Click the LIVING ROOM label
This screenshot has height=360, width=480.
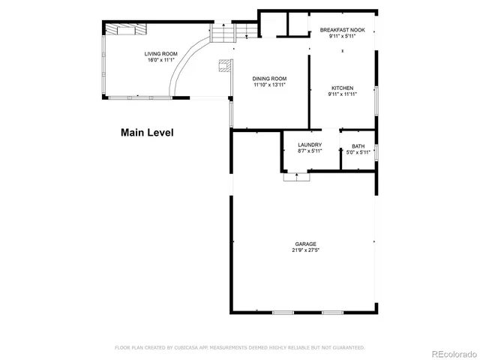point(161,53)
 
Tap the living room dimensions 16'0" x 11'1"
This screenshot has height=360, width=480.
point(161,60)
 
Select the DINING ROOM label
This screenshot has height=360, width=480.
point(269,79)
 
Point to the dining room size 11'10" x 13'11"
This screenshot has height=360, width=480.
point(269,85)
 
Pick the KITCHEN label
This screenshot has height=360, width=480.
point(341,88)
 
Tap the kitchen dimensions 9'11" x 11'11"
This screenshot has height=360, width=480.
point(341,94)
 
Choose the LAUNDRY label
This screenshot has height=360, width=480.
point(310,145)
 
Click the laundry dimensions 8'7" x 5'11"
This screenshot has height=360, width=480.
point(310,151)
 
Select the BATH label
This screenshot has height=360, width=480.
point(358,146)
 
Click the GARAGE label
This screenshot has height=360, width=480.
point(305,244)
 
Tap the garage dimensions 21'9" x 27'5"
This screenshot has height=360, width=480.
point(305,250)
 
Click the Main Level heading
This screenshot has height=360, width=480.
point(147,133)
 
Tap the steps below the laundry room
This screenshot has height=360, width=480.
point(297,177)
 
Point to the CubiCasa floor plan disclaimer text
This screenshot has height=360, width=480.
point(240,347)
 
